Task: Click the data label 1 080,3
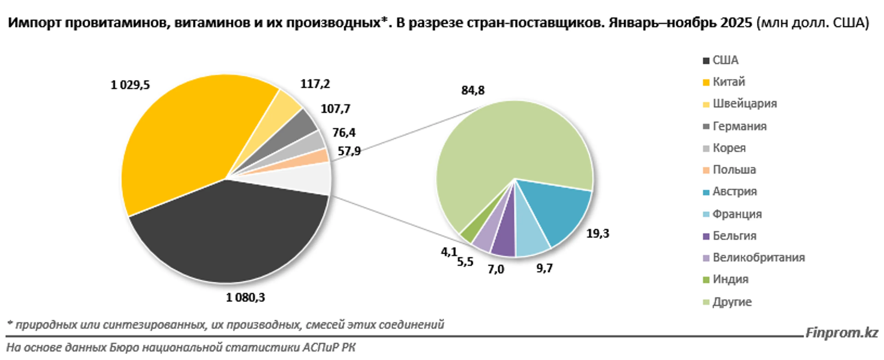pyautogui.click(x=245, y=298)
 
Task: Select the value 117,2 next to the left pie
pyautogui.click(x=315, y=84)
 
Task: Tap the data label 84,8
pyautogui.click(x=473, y=90)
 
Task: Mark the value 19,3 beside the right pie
pyautogui.click(x=597, y=234)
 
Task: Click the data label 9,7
pyautogui.click(x=545, y=268)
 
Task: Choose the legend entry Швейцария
pyautogui.click(x=745, y=104)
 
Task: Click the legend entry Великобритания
pyautogui.click(x=758, y=257)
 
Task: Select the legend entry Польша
pyautogui.click(x=734, y=170)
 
